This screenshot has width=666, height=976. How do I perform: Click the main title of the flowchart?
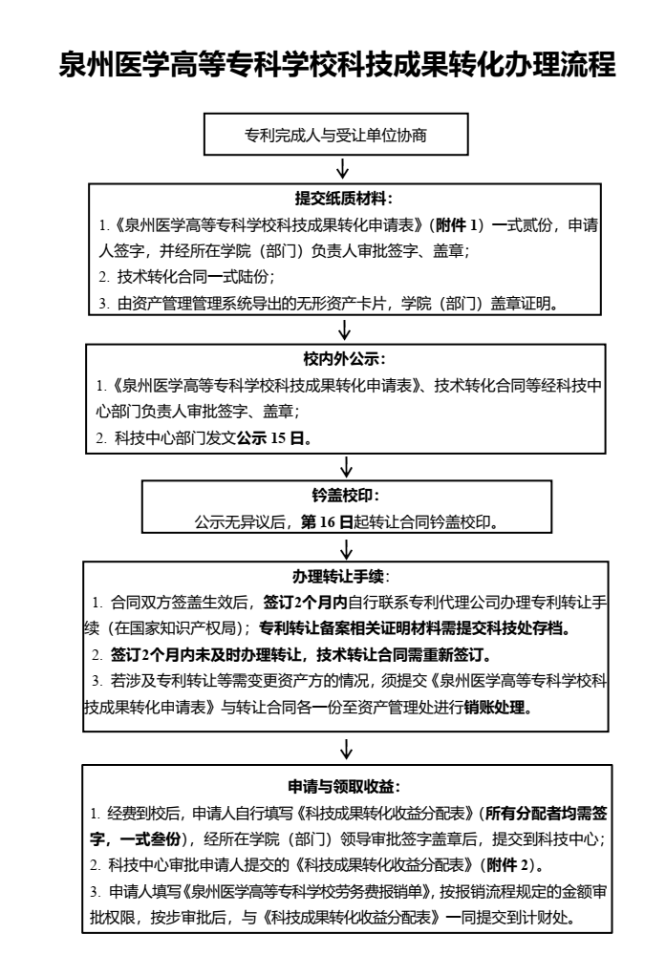tap(337, 65)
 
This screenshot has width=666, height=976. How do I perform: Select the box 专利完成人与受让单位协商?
tap(335, 134)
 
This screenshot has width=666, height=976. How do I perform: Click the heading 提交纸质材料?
tap(344, 199)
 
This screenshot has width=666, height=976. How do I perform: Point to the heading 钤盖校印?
tap(346, 496)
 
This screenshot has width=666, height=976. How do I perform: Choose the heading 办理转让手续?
tap(341, 577)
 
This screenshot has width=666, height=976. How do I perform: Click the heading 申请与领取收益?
tap(344, 787)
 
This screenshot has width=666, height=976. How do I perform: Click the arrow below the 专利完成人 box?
tap(342, 169)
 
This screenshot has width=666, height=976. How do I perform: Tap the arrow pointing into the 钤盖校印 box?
tap(347, 466)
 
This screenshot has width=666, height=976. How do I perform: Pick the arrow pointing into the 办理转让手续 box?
tap(347, 549)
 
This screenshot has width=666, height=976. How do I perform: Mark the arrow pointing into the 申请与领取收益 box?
tap(347, 750)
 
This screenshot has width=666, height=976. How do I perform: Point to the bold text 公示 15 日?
tap(269, 438)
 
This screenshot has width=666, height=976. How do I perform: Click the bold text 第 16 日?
tap(327, 521)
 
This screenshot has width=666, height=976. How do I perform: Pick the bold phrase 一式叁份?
tap(149, 839)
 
